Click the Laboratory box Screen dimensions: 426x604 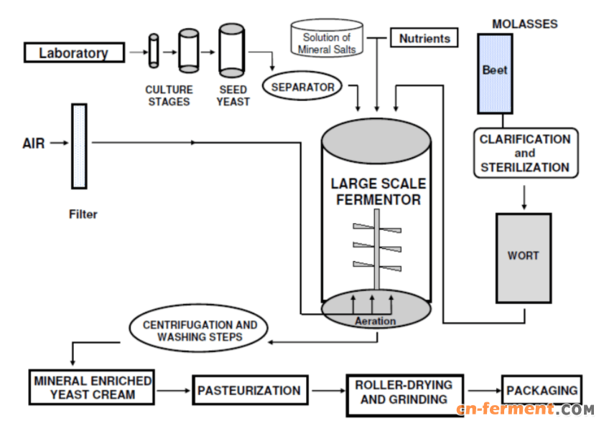pos(73,52)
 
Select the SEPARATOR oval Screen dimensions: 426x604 pos(302,87)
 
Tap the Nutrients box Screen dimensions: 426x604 pos(424,38)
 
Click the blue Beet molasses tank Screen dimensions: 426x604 pos(495,73)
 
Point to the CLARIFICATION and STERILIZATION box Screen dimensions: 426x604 pos(525,153)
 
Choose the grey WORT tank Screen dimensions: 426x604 pos(523,257)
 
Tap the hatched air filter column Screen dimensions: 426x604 pos(79,146)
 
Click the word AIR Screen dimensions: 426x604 pos(34,143)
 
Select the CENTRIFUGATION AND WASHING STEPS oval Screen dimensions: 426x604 pos(199,331)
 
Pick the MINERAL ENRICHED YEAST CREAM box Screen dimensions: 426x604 pos(93,388)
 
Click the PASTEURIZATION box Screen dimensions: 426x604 pos(248,391)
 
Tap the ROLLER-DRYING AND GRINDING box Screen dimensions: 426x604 pos(404,393)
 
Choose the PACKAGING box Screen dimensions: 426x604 pos(542,391)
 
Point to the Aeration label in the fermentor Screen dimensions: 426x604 pos(375,321)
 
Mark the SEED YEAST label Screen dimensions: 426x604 pos(233,96)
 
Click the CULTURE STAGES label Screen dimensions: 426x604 pos(169,96)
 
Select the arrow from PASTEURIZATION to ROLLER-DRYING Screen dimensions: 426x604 pos(326,392)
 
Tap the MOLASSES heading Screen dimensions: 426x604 pos(524,24)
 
